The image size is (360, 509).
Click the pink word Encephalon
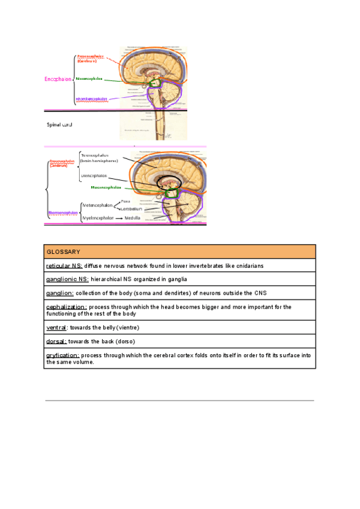point(58,79)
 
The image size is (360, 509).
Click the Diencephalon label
point(94,175)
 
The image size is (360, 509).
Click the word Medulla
point(133,217)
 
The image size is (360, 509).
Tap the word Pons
point(125,201)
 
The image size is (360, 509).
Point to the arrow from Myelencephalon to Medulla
point(119,217)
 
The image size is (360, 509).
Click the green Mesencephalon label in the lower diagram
point(115,187)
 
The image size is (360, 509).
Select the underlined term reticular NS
point(64,265)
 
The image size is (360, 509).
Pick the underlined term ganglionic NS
point(67,279)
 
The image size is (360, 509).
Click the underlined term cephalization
point(66,307)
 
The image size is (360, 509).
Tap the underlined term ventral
point(56,328)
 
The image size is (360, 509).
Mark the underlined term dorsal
point(56,342)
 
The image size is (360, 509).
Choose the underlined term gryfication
point(62,355)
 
